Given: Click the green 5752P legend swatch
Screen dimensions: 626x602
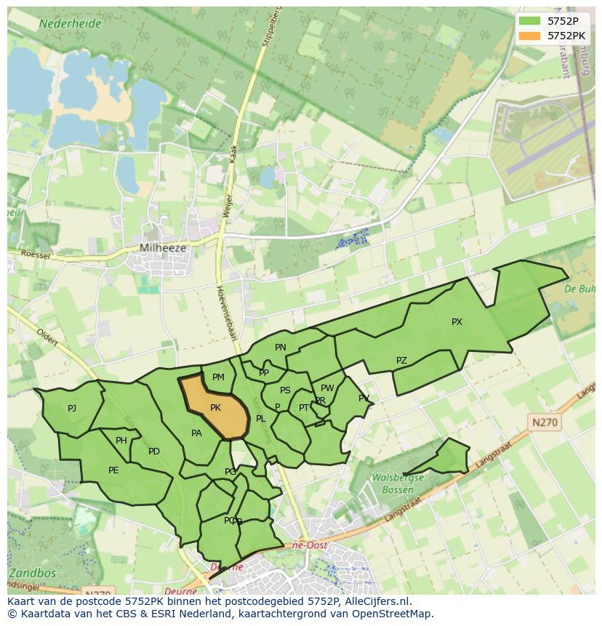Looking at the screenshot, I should (x=531, y=21).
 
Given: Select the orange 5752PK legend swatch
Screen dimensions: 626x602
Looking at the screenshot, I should (x=531, y=35).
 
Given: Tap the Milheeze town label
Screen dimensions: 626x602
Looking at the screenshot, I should (x=163, y=248).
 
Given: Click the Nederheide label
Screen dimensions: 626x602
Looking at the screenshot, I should (x=71, y=23).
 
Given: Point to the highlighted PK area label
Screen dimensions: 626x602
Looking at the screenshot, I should (x=215, y=408).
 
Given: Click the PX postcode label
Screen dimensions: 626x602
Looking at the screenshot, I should (x=457, y=322).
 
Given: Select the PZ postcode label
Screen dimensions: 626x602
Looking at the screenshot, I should (x=401, y=361).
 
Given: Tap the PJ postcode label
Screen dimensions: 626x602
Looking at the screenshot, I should (x=72, y=409).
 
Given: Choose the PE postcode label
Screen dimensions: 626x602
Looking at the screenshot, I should (x=113, y=470).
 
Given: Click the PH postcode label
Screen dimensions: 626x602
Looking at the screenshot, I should (x=121, y=441).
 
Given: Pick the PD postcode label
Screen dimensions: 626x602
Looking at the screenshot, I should (x=154, y=452).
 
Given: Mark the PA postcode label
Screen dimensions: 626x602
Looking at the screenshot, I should (x=196, y=433).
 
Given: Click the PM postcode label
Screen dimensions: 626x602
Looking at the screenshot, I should (x=218, y=377).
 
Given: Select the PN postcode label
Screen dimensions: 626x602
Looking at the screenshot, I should (x=281, y=348).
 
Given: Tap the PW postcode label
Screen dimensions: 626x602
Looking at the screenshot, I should (x=327, y=388).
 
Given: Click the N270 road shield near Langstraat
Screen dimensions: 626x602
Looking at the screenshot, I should (x=545, y=422).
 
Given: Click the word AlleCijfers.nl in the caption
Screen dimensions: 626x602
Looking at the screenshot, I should (x=376, y=601).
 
